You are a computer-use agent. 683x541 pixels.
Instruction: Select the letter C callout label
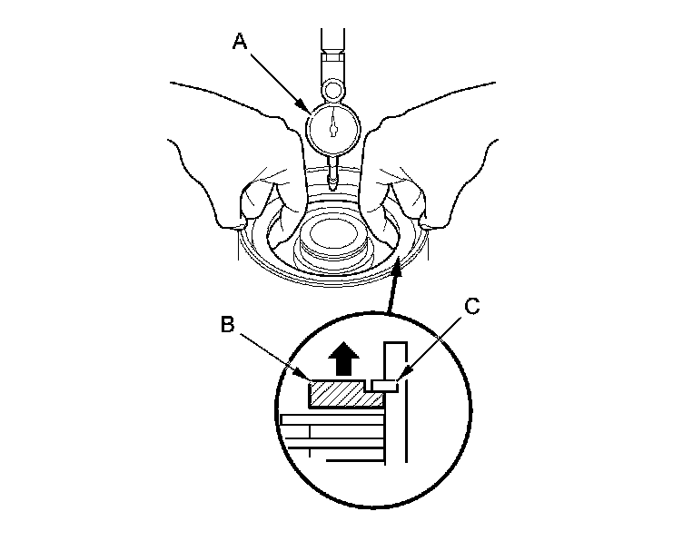pyautogui.click(x=470, y=307)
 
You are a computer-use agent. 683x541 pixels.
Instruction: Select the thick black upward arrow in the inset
pyautogui.click(x=344, y=361)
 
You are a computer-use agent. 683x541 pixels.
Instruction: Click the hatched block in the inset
pyautogui.click(x=341, y=394)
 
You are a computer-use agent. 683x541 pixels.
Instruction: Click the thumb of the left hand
pyautogui.click(x=281, y=204)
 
